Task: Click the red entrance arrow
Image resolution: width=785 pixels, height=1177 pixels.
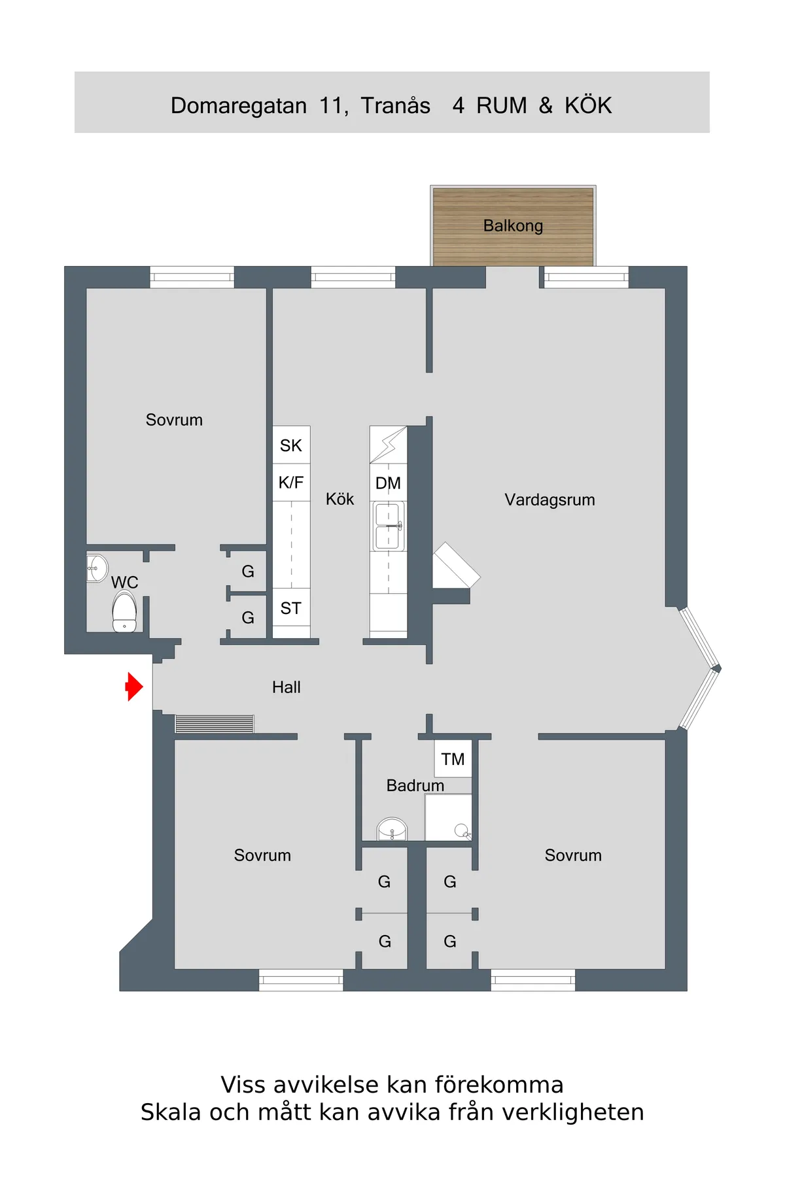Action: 134,687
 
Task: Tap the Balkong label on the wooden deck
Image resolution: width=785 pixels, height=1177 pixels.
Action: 513,226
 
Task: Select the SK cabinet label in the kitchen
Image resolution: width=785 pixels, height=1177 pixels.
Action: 291,445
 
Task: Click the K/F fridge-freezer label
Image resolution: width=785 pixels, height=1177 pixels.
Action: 291,483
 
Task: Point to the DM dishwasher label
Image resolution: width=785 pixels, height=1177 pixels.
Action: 388,483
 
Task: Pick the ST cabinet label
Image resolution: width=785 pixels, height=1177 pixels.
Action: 291,608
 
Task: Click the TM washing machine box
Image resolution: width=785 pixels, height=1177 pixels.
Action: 453,759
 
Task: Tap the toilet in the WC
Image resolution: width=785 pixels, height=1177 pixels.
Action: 124,612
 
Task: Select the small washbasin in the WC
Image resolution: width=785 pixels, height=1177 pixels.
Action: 97,568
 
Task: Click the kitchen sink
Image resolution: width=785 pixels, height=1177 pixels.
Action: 388,526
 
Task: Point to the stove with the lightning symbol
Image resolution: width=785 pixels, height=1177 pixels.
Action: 388,445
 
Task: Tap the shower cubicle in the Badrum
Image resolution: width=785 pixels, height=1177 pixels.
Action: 448,817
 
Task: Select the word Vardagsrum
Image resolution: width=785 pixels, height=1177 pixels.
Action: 549,500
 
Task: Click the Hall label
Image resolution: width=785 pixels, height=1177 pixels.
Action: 287,687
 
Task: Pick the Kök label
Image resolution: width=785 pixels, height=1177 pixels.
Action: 340,500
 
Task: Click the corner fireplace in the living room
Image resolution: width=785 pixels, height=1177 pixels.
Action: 455,566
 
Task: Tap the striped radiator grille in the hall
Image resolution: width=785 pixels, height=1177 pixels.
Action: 214,723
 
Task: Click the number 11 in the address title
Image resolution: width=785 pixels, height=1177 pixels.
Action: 332,105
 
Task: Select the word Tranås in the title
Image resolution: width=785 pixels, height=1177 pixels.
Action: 396,105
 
